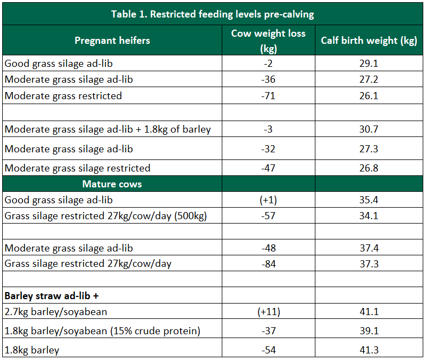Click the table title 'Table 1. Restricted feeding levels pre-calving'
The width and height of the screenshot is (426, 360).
pos(212,14)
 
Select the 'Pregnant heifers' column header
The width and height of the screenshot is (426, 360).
pos(112,40)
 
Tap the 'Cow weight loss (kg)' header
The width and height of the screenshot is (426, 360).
pos(268,41)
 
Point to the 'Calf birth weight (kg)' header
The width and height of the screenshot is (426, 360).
pos(369,41)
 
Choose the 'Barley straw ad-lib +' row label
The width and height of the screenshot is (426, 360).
pos(52,296)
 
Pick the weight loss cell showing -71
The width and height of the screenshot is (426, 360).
pos(268,96)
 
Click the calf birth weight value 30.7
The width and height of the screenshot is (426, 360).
pos(369,130)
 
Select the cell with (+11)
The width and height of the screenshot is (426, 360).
pos(268,312)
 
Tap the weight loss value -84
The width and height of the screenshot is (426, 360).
pos(268,264)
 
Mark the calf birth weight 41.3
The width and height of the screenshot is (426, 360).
pos(369,350)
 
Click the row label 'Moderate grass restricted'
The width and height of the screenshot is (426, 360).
pos(64,96)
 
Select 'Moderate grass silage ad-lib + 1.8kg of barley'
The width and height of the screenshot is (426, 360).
pos(108,130)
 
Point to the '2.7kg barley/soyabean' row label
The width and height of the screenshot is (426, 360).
pos(56,312)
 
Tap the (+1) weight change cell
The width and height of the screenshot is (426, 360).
pos(268,200)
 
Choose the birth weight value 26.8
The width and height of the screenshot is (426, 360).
pos(369,168)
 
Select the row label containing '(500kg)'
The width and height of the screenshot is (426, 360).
pos(106,216)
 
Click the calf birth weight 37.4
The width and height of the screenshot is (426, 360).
pos(369,248)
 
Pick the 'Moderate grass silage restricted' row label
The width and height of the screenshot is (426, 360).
pos(77,168)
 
